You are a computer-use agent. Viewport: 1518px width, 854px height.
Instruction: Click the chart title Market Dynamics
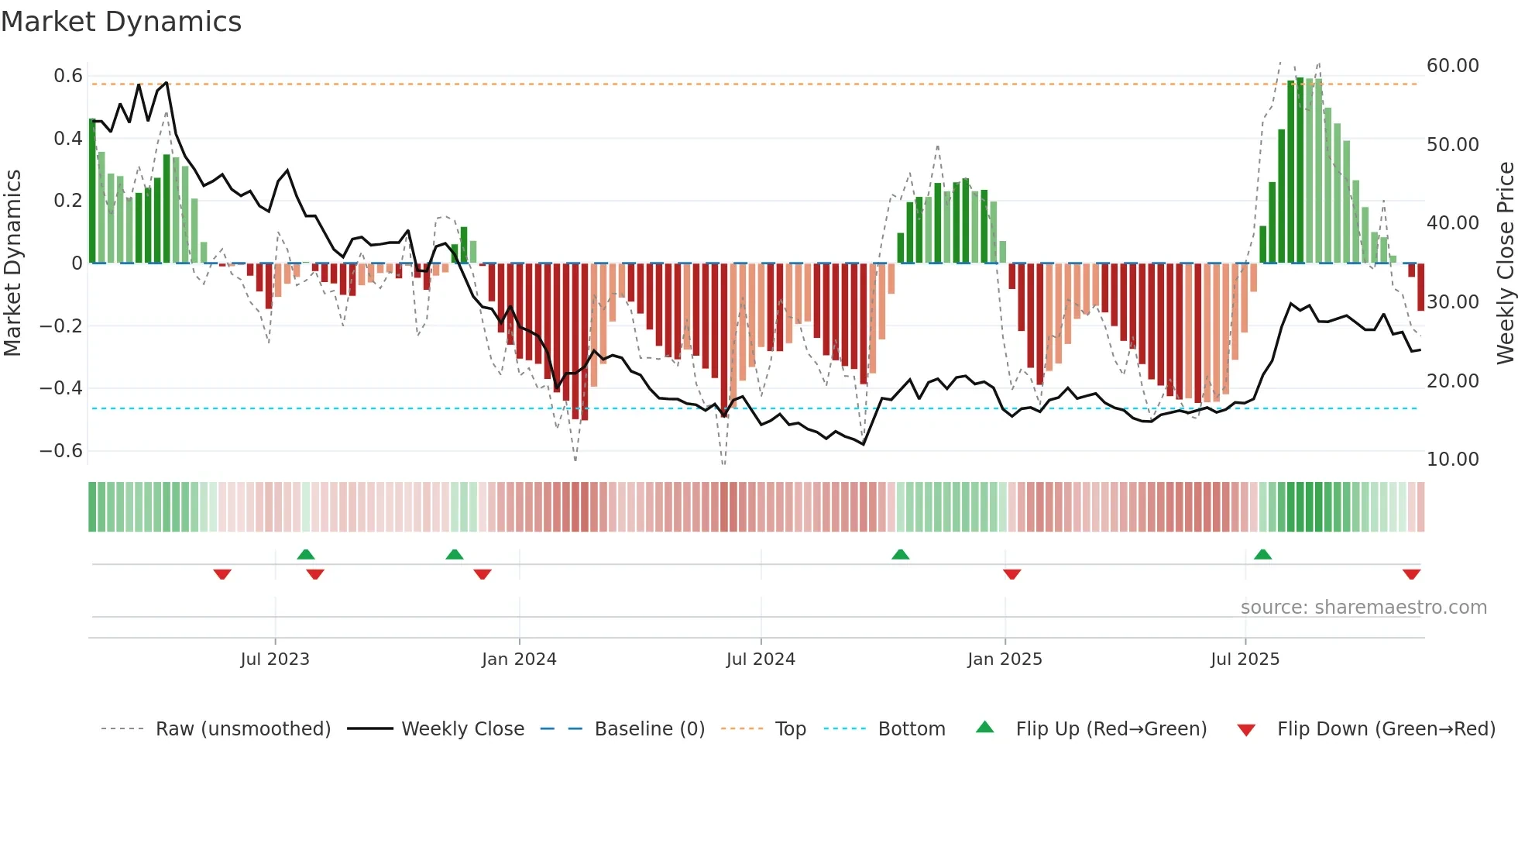[x=121, y=22]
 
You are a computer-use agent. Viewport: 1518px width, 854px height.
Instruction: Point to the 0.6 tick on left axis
[x=68, y=76]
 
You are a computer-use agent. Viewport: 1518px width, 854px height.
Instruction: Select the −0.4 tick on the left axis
[x=61, y=388]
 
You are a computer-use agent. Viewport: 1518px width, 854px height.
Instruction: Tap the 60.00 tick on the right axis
[x=1453, y=66]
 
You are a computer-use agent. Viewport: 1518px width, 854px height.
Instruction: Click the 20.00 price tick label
[x=1453, y=381]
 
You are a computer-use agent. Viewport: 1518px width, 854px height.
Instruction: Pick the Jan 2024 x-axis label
[x=519, y=659]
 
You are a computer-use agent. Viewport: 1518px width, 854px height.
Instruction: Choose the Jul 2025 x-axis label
[x=1245, y=659]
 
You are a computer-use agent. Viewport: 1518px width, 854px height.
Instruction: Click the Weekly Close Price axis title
[x=1505, y=263]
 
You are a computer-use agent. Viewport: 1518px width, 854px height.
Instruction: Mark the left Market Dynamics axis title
[x=12, y=263]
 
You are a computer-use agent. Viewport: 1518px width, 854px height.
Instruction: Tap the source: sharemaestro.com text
[x=1363, y=608]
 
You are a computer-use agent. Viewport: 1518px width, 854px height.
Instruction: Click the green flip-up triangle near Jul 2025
[x=1262, y=554]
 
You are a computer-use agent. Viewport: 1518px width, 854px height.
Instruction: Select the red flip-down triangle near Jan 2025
[x=1011, y=574]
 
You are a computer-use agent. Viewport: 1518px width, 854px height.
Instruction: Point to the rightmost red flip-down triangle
[x=1411, y=574]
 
